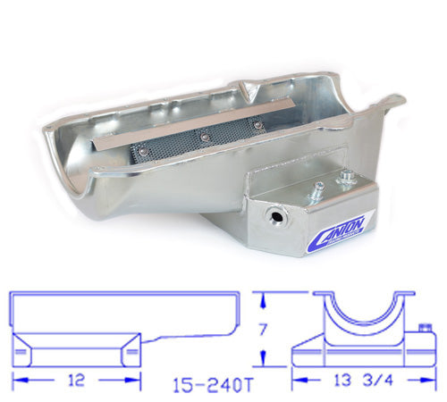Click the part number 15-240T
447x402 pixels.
click(x=207, y=385)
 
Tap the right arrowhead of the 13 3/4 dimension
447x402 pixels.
click(x=418, y=378)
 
